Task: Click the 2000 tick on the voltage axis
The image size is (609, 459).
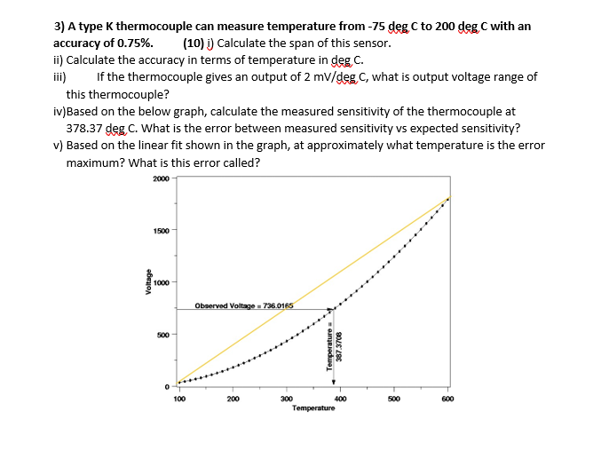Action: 161,178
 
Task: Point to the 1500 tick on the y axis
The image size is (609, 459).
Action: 161,231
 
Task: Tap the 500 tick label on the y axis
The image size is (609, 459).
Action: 162,335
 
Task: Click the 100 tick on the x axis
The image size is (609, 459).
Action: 179,400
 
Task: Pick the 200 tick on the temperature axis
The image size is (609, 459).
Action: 233,400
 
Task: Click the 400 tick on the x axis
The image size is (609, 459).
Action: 341,400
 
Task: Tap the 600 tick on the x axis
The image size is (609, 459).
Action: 448,400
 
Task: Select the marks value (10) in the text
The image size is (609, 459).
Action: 192,42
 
